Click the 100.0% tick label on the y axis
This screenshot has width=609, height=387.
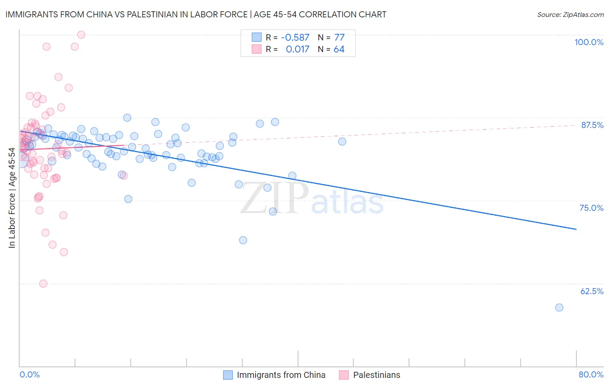pyautogui.click(x=589, y=42)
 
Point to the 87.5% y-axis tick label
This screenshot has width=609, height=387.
pyautogui.click(x=592, y=125)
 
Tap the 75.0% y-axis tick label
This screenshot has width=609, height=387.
pyautogui.click(x=591, y=208)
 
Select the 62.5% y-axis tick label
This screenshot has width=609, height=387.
pyautogui.click(x=592, y=291)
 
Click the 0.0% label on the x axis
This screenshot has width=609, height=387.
pyautogui.click(x=29, y=374)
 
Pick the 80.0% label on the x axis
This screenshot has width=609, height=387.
pyautogui.click(x=591, y=374)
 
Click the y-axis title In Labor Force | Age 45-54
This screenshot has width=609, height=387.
pyautogui.click(x=12, y=198)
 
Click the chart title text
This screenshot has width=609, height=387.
pyautogui.click(x=196, y=14)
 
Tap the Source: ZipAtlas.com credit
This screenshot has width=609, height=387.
pyautogui.click(x=570, y=14)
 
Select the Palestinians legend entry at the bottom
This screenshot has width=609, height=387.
pyautogui.click(x=376, y=375)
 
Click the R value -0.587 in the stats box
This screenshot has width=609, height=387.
pyautogui.click(x=295, y=37)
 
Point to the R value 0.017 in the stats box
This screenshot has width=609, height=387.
pyautogui.click(x=298, y=49)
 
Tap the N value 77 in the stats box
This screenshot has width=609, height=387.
pyautogui.click(x=339, y=37)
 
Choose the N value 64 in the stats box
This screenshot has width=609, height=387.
pyautogui.click(x=339, y=49)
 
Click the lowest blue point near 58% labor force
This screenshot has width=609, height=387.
pyautogui.click(x=559, y=308)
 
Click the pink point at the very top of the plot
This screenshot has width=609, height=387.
pyautogui.click(x=81, y=35)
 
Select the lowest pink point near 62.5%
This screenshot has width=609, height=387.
pyautogui.click(x=43, y=284)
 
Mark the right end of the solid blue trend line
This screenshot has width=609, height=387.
pyautogui.click(x=576, y=229)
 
